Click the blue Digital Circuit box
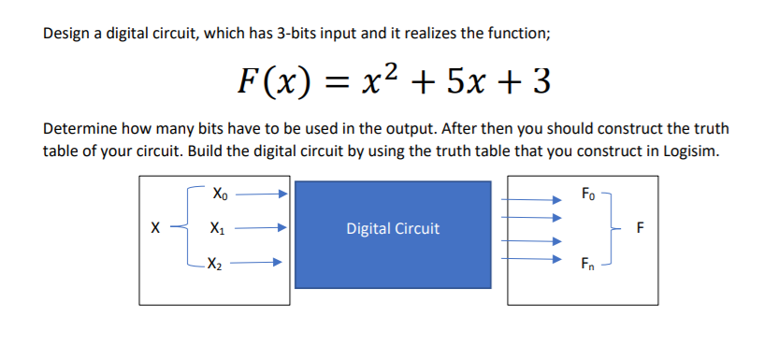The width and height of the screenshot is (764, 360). click(x=392, y=228)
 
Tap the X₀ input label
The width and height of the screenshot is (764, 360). click(x=219, y=195)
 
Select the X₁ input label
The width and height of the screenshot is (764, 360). click(x=218, y=228)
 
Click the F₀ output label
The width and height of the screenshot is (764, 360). click(x=586, y=195)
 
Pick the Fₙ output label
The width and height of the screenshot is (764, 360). click(x=586, y=264)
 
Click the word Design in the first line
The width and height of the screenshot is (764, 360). click(x=66, y=34)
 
